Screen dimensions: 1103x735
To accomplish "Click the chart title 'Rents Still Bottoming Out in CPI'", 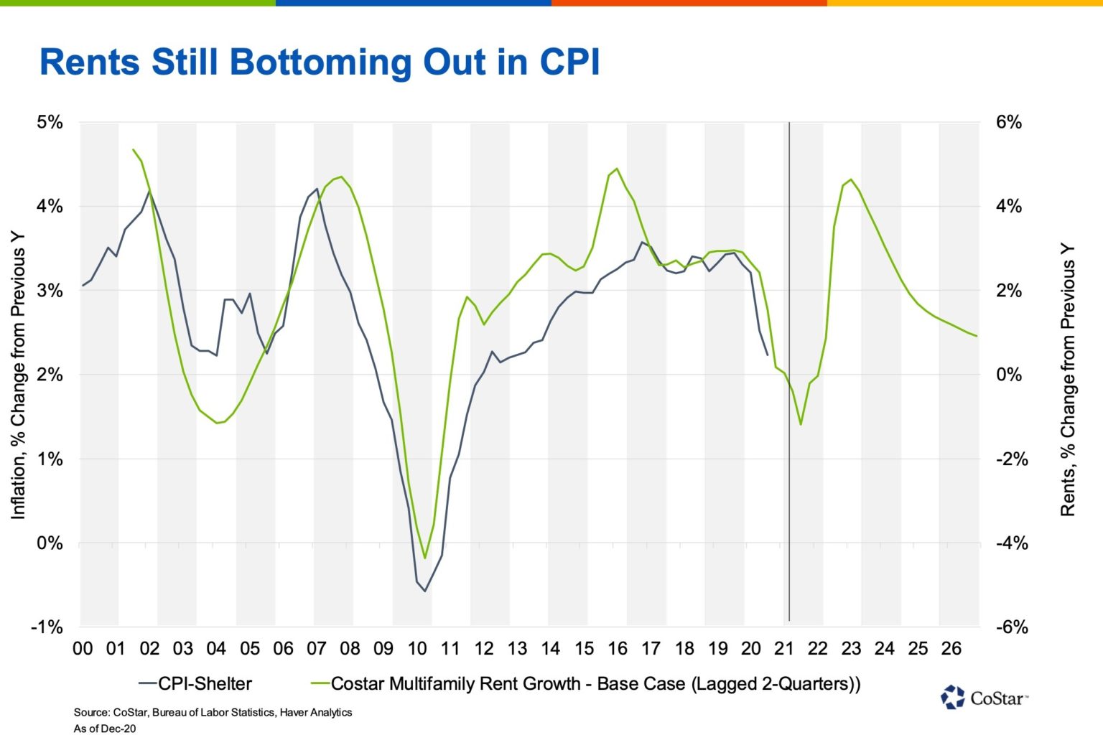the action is click(x=320, y=62).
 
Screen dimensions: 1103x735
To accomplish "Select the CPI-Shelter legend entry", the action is click(x=195, y=684).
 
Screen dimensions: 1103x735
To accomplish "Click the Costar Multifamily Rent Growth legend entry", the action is click(x=585, y=684).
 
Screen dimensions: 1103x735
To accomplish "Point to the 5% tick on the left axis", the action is click(x=50, y=122).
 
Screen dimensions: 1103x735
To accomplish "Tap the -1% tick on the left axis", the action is click(x=47, y=627).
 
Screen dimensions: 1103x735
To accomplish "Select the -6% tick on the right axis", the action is click(x=1012, y=627).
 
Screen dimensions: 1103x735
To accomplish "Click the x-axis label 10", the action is click(x=417, y=649).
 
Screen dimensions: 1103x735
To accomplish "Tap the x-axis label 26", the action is click(x=951, y=649).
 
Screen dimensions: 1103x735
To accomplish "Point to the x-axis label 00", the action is click(x=83, y=649).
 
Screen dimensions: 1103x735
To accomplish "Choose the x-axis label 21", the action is click(x=784, y=649).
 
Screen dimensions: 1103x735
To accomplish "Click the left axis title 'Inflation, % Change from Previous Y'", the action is click(x=18, y=375).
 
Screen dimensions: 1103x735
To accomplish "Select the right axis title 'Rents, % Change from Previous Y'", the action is click(x=1068, y=380).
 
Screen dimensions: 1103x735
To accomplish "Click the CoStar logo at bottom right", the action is click(x=984, y=697).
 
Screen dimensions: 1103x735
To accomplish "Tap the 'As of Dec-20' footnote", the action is click(x=104, y=729).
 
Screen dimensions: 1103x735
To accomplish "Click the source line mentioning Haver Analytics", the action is click(x=213, y=712).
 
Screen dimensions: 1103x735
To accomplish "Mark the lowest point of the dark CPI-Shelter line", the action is click(x=425, y=591).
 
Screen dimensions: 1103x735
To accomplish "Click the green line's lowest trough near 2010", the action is click(x=425, y=558).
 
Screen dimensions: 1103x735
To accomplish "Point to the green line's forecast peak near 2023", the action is click(x=851, y=179).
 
